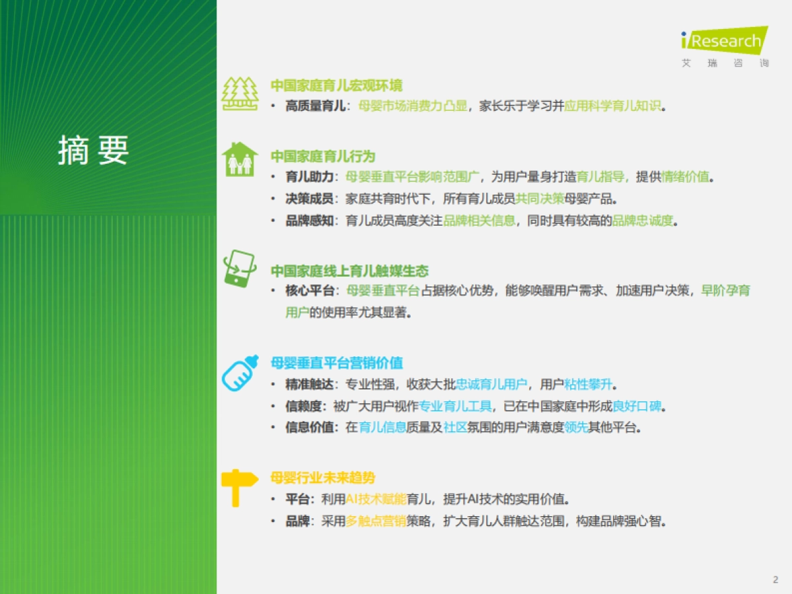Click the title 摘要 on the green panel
tap(93, 151)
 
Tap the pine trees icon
tap(240, 94)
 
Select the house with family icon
tap(240, 159)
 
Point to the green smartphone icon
tap(240, 268)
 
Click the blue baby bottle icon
tap(240, 373)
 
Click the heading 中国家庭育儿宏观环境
tap(336, 86)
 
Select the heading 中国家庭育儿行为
tap(322, 156)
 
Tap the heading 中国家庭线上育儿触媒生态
tap(349, 271)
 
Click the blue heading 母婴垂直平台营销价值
tap(337, 363)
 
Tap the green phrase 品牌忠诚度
tap(642, 220)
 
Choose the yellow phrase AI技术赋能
tap(376, 499)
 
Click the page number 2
tap(775, 579)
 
